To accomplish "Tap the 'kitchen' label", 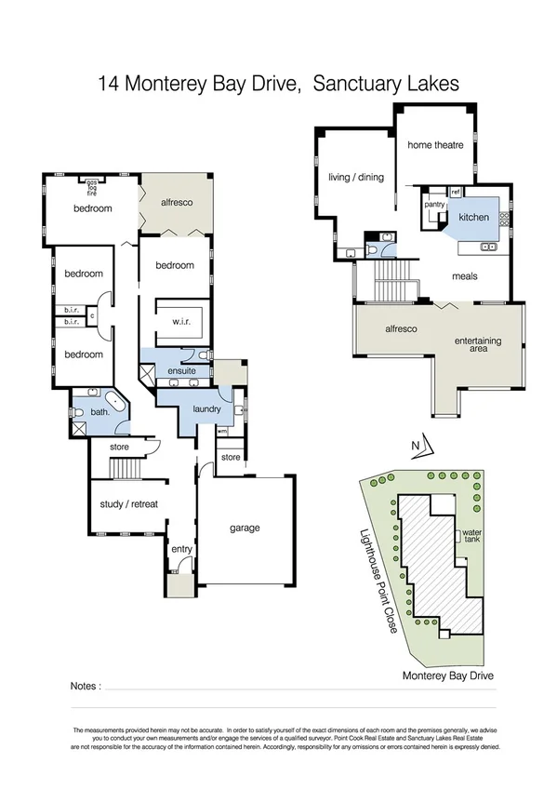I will click(x=473, y=217).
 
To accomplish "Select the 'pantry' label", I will click(x=433, y=203).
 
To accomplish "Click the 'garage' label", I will click(x=245, y=528).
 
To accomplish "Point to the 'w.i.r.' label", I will click(x=181, y=321).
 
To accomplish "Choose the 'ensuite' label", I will click(x=181, y=371).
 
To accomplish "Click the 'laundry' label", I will click(x=205, y=408).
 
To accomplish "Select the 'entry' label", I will click(x=181, y=549).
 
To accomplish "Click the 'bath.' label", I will click(x=99, y=412).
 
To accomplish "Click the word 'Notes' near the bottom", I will click(x=85, y=686).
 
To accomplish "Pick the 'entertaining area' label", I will click(x=478, y=346).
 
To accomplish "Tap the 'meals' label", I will click(x=465, y=276).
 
